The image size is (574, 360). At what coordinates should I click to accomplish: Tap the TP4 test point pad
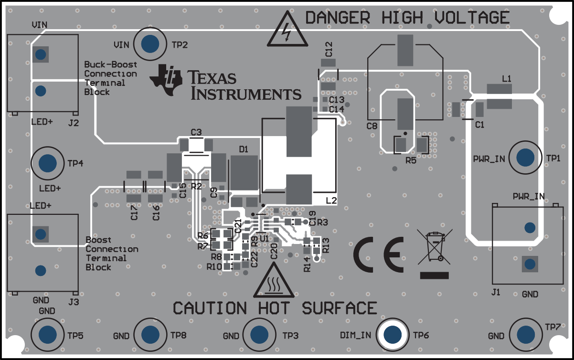pos(47,163)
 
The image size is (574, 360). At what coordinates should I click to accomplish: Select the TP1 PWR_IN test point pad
pos(525,157)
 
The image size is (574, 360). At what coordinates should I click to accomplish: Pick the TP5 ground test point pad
pos(47,334)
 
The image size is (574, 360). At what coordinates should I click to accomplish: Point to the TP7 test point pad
pos(525,334)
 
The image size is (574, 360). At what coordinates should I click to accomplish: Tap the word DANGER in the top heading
pos(337,18)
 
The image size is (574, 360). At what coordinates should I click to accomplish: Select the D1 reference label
pos(244,149)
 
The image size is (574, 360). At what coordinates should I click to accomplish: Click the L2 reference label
pos(331,201)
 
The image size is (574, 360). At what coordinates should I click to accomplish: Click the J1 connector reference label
pos(496,292)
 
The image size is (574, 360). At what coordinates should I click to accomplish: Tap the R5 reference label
pos(410,160)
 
